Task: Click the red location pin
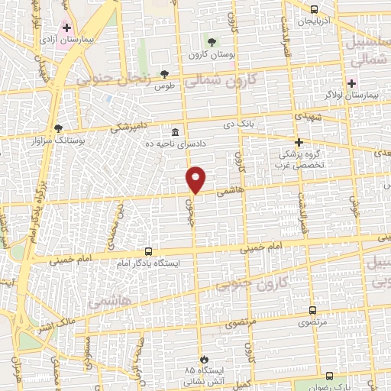196,179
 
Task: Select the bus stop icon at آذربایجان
315,10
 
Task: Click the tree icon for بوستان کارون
212,41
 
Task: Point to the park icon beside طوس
164,73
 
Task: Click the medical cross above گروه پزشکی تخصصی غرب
299,142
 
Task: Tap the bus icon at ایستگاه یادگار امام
148,251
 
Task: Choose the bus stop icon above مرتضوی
312,310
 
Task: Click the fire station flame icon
203,358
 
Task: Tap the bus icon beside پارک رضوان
329,376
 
